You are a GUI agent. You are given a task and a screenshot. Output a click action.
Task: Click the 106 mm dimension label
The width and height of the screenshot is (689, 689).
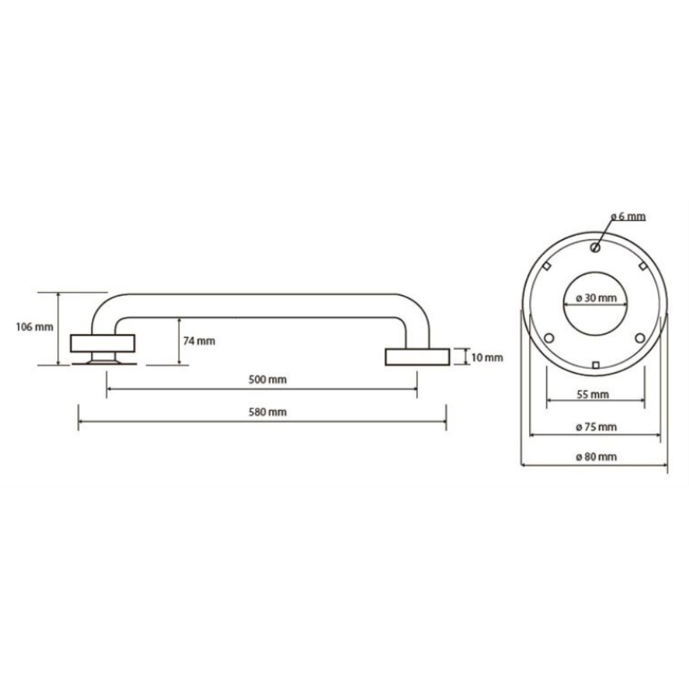tap(34, 327)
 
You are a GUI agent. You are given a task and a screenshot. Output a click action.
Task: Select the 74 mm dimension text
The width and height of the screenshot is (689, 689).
tap(199, 341)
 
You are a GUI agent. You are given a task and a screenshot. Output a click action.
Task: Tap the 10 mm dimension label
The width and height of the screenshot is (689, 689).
tap(487, 358)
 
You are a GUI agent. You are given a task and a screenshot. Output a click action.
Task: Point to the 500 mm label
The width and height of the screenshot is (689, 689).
tap(267, 379)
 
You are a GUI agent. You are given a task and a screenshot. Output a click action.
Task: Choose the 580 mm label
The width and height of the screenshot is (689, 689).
tap(267, 412)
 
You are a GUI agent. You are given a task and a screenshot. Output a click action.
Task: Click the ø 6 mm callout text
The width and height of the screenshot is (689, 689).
tap(628, 216)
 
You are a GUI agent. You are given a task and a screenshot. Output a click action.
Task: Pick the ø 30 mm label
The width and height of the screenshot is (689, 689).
tap(596, 298)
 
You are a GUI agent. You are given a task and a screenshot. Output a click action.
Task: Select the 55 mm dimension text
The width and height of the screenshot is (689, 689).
tap(593, 394)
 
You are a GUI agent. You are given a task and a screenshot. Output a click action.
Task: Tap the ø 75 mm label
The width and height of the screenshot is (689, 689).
tap(596, 426)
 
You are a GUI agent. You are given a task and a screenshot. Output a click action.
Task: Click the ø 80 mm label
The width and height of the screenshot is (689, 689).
tap(596, 457)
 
